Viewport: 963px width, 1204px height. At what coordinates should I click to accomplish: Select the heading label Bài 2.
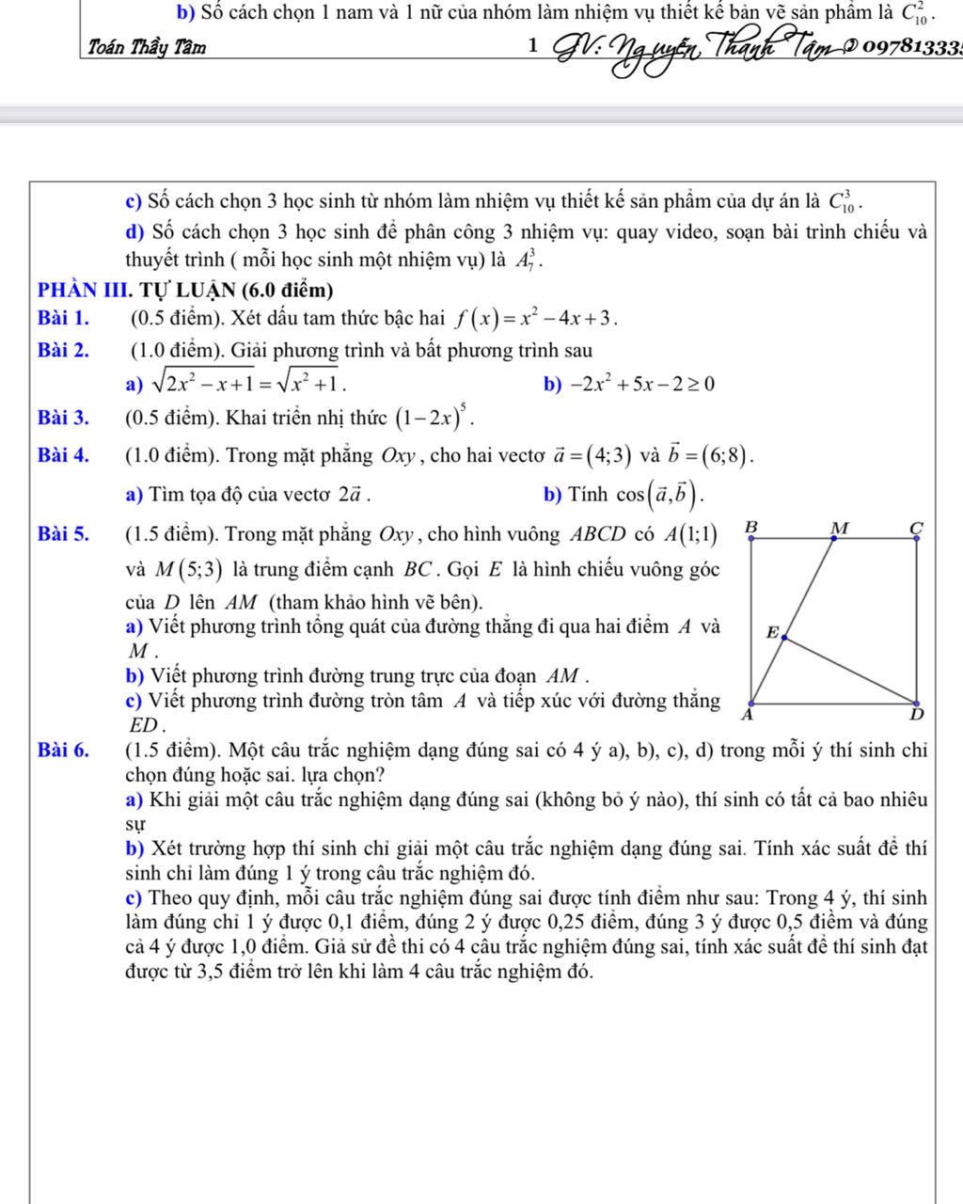pos(65,351)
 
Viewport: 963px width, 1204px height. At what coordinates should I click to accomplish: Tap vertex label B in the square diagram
pos(750,529)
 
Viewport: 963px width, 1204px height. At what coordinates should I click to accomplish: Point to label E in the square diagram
pos(772,633)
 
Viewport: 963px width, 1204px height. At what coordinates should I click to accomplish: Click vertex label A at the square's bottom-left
pos(750,716)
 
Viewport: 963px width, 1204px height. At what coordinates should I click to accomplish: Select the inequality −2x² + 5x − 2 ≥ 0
pos(637,384)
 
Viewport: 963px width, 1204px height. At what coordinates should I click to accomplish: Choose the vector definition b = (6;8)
pos(711,455)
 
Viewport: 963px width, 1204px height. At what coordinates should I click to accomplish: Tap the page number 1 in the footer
pos(533,45)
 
